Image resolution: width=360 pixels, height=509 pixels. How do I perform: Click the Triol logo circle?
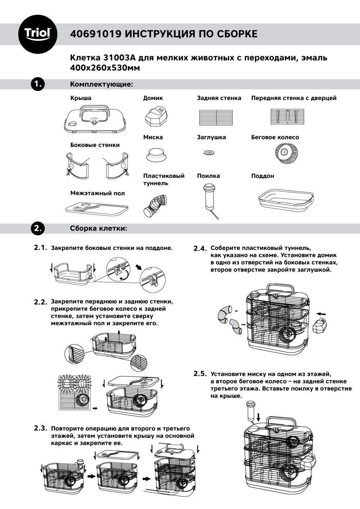[37, 34]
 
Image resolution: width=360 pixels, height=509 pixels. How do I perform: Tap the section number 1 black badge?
[37, 84]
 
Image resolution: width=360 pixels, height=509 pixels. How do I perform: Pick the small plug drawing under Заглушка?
[208, 153]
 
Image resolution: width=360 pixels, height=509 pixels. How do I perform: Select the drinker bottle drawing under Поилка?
[209, 200]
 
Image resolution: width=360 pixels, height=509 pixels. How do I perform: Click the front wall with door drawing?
[288, 117]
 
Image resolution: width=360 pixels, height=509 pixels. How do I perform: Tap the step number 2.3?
[41, 428]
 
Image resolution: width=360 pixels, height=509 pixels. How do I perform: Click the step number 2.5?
[201, 374]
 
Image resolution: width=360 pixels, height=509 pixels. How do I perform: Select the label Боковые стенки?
[95, 145]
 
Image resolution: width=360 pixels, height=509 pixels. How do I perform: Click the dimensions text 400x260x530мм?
[104, 68]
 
